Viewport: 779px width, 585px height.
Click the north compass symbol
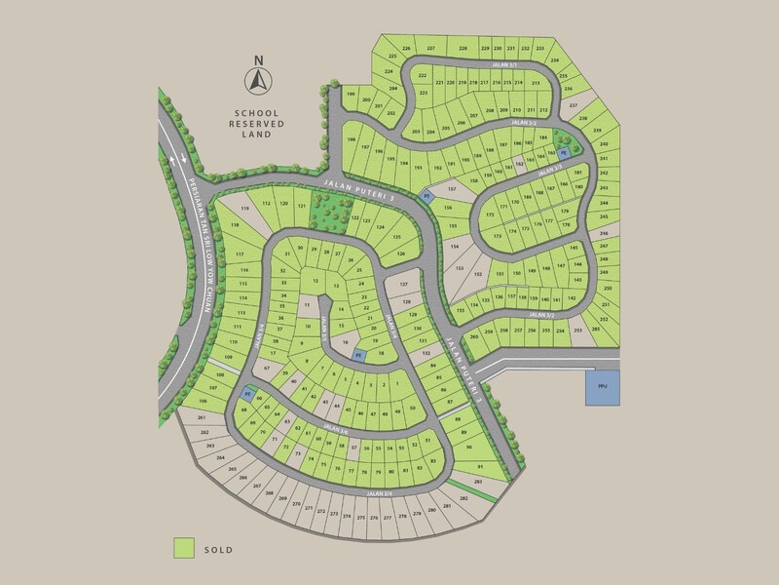point(259,80)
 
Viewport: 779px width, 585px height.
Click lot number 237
point(574,105)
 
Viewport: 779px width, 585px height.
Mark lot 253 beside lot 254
point(580,331)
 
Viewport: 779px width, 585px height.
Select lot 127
point(403,286)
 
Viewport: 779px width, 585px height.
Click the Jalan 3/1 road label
point(502,64)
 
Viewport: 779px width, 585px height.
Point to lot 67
point(266,369)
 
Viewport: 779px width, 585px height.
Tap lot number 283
point(478,482)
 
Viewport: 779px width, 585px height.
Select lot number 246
point(603,235)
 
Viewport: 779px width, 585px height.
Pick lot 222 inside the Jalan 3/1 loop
point(423,75)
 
